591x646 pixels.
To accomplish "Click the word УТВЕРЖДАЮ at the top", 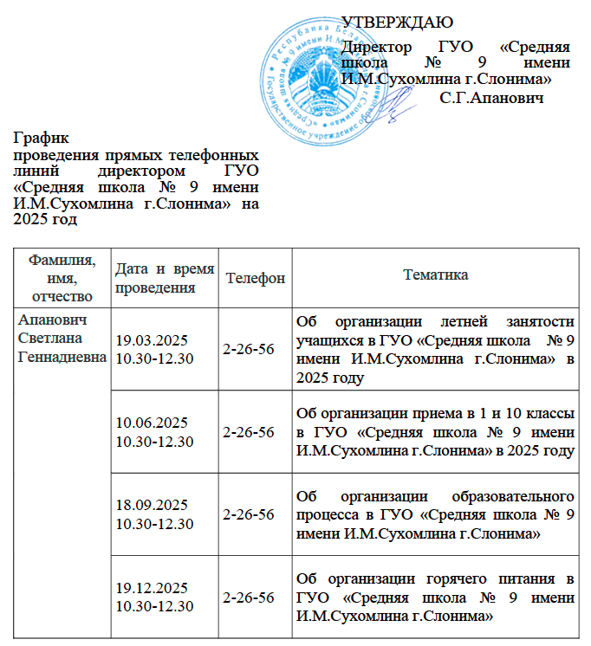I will pos(397,21).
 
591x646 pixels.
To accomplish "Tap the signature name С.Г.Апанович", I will pos(491,98).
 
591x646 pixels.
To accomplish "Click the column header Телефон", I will pos(255,279).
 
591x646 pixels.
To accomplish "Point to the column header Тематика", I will pos(436,275).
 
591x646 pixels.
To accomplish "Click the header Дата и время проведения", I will pos(165,278).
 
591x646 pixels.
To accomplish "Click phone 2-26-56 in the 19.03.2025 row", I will pos(249,348).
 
